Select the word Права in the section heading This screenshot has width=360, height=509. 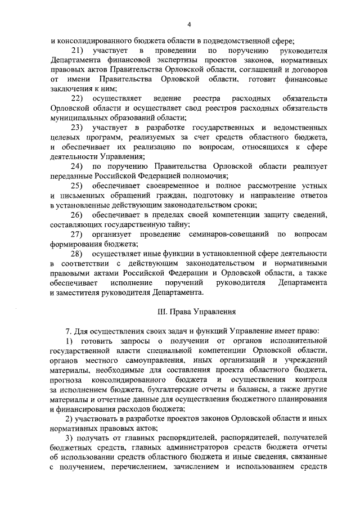coord(176,311)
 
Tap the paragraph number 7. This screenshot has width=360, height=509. coord(69,330)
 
